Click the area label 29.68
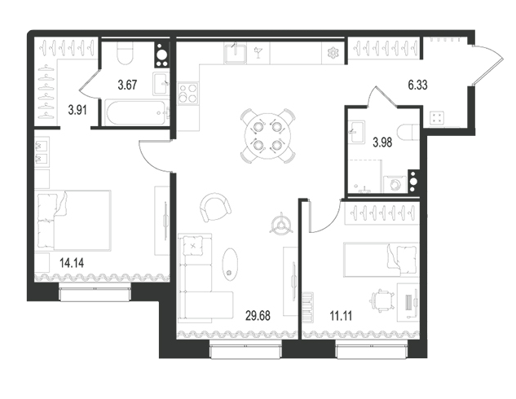click(x=258, y=315)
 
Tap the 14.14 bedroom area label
click(x=72, y=263)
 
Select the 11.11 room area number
click(x=341, y=316)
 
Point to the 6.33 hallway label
click(x=417, y=85)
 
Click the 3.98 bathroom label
click(x=382, y=142)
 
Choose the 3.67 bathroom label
click(x=127, y=85)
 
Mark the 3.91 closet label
click(x=77, y=110)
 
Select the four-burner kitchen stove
click(x=188, y=94)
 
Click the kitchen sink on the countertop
click(x=235, y=53)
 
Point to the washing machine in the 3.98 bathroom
click(x=395, y=184)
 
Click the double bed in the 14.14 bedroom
click(x=73, y=220)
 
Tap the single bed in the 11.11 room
click(x=381, y=259)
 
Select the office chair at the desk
click(x=383, y=301)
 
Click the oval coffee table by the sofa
click(x=230, y=264)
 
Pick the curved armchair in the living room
click(x=214, y=208)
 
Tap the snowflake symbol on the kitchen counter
click(x=333, y=53)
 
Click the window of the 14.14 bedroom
click(x=95, y=293)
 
